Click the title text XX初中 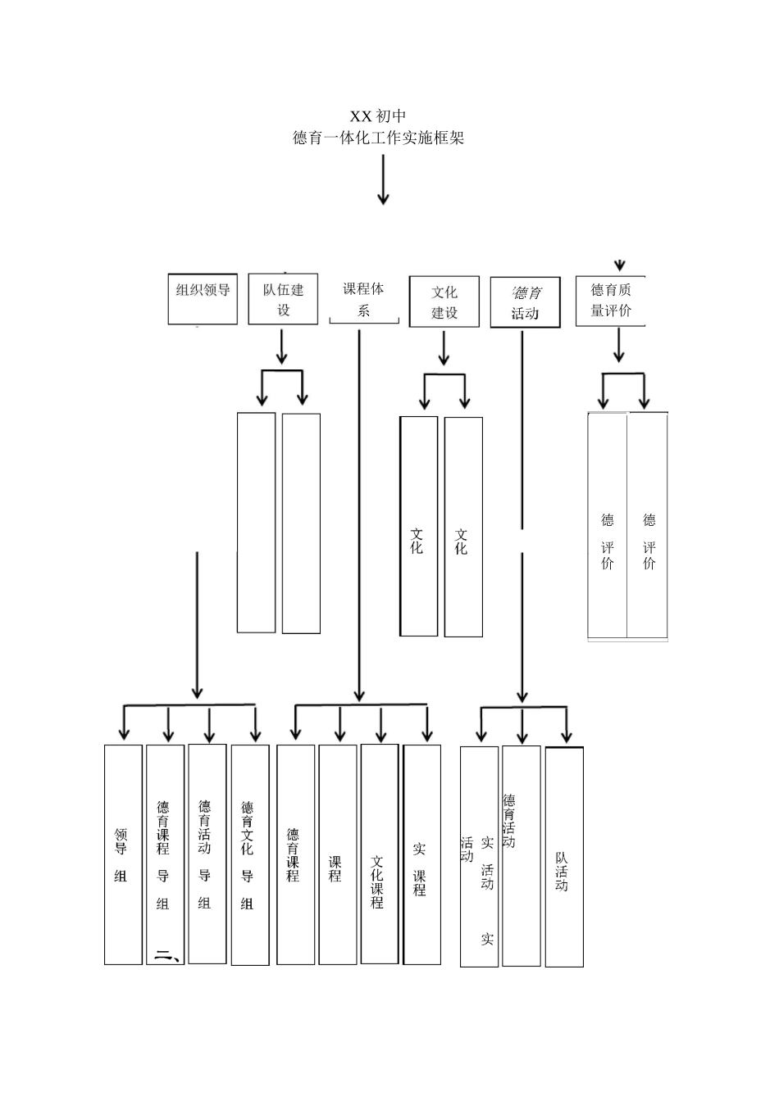tap(378, 116)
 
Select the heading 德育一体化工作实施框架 tap(378, 138)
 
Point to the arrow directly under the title tap(383, 179)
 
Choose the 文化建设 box tap(444, 302)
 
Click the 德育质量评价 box tap(611, 301)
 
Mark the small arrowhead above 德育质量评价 tap(620, 265)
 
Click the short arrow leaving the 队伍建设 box tap(282, 347)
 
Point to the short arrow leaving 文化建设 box tap(444, 349)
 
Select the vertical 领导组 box tap(123, 854)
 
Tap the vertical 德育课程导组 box tap(165, 854)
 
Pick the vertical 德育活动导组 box tap(207, 854)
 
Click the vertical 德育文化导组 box tap(249, 854)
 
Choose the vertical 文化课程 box tap(379, 854)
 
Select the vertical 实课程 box tap(421, 854)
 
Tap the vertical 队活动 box tap(564, 857)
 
